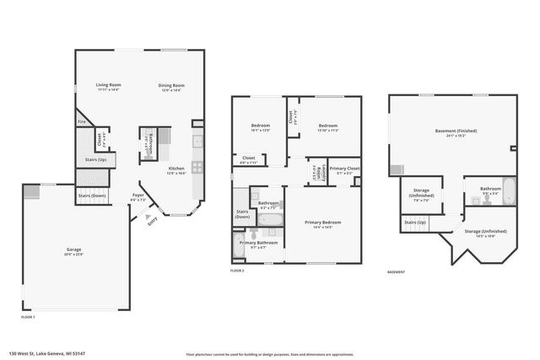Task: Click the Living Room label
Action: [108, 85]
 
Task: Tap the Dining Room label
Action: [171, 85]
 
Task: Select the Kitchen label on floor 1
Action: [176, 169]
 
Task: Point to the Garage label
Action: [74, 250]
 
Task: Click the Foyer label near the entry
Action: [138, 196]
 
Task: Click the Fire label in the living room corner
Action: [82, 121]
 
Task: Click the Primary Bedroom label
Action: [322, 222]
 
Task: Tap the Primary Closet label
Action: [344, 169]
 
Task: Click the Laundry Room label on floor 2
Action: [319, 171]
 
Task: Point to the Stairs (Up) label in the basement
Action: [415, 222]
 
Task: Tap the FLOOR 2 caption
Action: [237, 271]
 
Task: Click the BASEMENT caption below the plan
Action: [396, 272]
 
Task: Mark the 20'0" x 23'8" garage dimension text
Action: [74, 255]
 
